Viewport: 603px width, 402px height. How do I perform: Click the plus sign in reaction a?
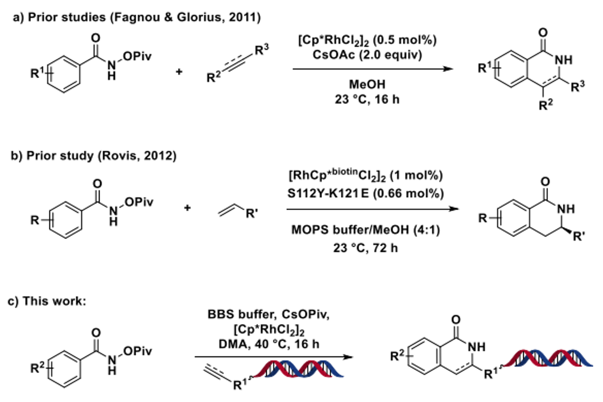(x=179, y=72)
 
